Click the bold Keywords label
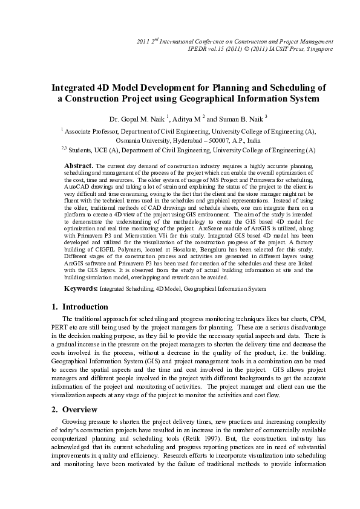pyautogui.click(x=81, y=290)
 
